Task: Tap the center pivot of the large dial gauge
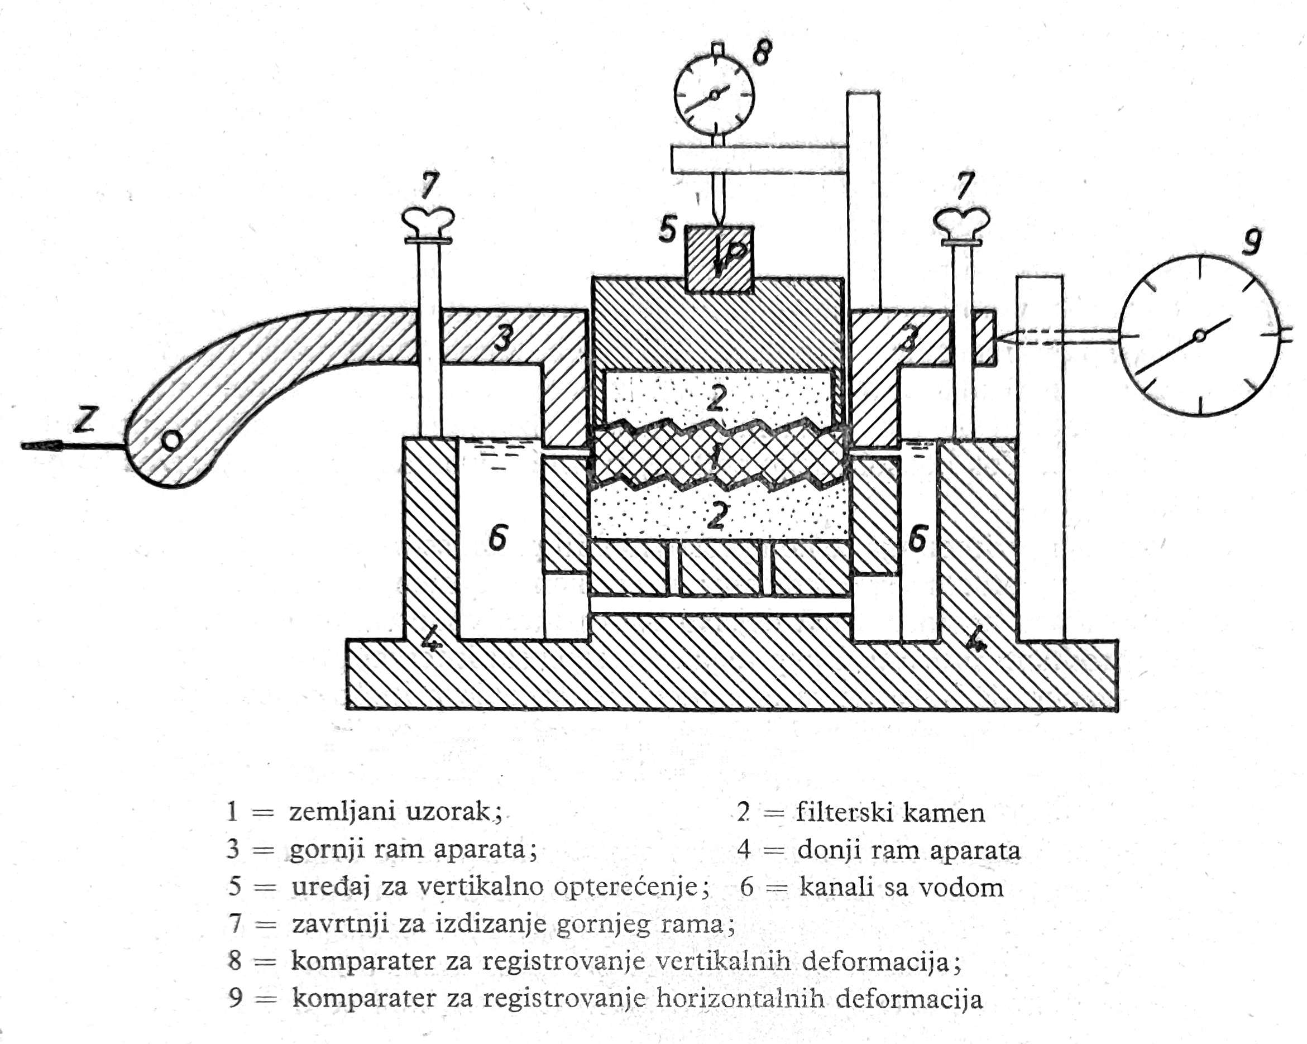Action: point(1199,336)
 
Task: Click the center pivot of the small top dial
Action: point(714,95)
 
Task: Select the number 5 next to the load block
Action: point(667,230)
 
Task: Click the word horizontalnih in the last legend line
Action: point(741,999)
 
